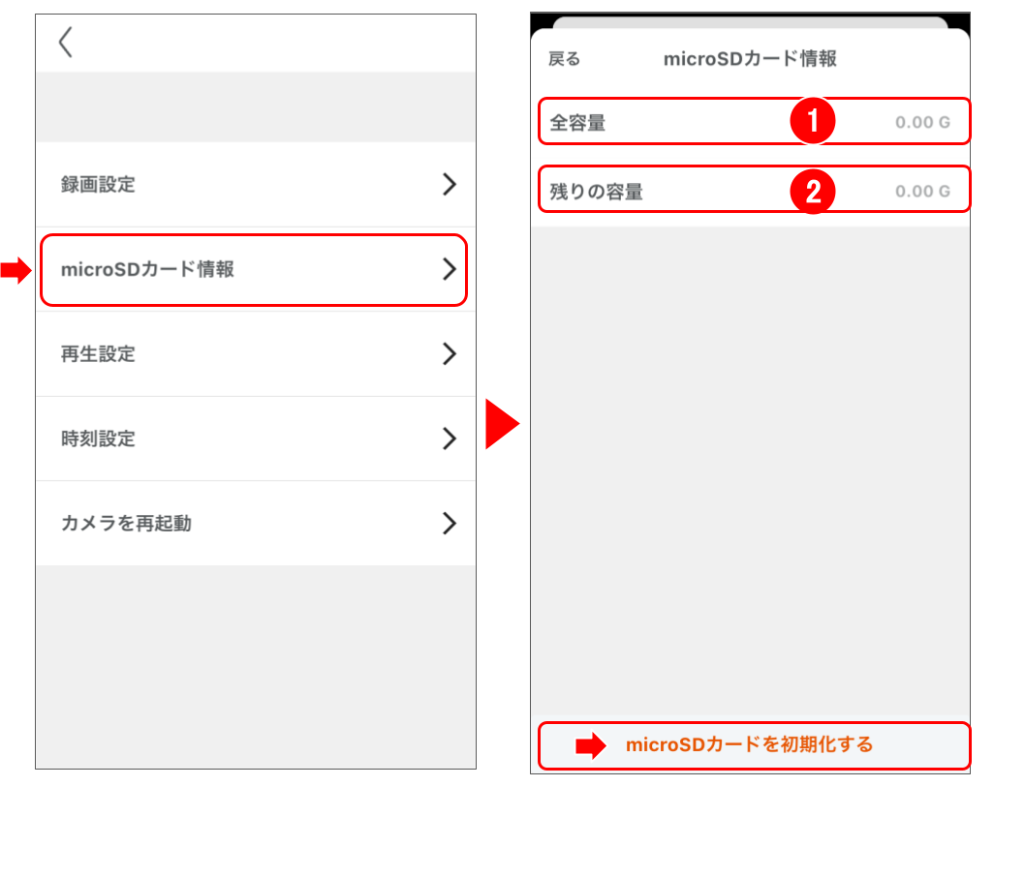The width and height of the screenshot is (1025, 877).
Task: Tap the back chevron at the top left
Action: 65,42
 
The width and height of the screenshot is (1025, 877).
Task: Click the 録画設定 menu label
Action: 98,185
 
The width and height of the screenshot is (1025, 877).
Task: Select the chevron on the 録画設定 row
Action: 450,184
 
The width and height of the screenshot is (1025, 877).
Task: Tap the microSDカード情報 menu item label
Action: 147,269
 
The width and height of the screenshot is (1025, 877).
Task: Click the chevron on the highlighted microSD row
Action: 450,269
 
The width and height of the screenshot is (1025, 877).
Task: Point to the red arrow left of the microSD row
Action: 16,270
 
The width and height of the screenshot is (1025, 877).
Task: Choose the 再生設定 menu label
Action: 98,354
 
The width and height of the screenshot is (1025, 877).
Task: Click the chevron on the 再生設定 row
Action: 450,354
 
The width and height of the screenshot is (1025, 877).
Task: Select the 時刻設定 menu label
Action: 98,438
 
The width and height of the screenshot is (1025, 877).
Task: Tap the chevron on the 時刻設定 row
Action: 450,438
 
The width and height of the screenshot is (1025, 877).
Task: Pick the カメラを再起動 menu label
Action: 126,523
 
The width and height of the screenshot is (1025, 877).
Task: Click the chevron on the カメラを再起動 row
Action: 450,523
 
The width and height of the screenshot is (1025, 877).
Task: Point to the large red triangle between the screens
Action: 502,424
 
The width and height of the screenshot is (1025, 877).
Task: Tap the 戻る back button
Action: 564,59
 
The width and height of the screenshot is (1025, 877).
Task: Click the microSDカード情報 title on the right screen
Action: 750,59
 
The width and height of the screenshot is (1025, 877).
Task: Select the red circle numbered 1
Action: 813,121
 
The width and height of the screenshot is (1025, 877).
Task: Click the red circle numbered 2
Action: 813,192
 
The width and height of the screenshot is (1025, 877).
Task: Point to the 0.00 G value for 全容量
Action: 922,122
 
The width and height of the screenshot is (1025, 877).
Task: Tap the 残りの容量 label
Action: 596,192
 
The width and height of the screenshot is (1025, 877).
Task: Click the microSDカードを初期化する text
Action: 749,744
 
